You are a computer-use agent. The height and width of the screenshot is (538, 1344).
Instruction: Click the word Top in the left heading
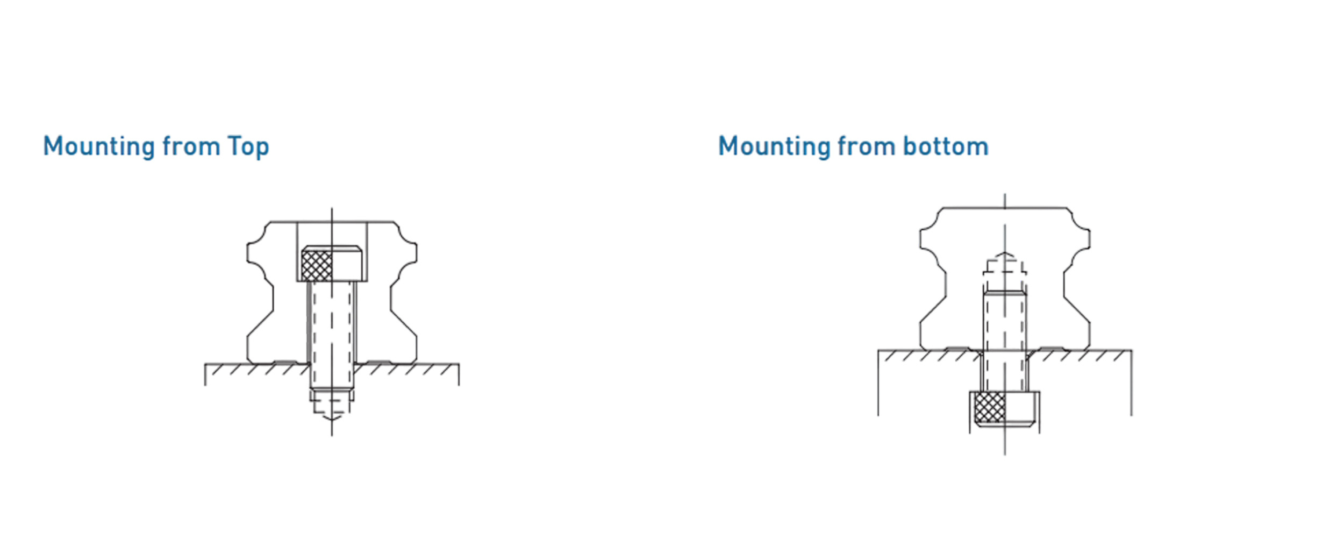pyautogui.click(x=248, y=147)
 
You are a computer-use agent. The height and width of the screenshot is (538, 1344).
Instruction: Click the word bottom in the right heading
pyautogui.click(x=946, y=146)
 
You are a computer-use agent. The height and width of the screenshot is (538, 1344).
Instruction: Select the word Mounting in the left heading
pyautogui.click(x=99, y=147)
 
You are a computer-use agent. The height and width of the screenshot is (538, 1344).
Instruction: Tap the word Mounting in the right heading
pyautogui.click(x=774, y=147)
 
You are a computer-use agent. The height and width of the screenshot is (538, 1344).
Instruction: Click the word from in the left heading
pyautogui.click(x=191, y=146)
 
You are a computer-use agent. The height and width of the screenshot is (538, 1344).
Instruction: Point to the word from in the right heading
pyautogui.click(x=867, y=146)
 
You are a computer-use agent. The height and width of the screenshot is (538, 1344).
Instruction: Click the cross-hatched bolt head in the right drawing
pyautogui.click(x=989, y=407)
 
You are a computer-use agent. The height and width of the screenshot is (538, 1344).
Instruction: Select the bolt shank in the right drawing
pyautogui.click(x=1004, y=342)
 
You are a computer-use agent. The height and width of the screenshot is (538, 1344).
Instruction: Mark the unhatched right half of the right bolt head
pyautogui.click(x=1020, y=407)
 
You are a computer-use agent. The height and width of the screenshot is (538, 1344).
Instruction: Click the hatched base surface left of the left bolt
pyautogui.click(x=256, y=370)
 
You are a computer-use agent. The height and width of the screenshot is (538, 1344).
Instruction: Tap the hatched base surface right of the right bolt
pyautogui.click(x=1081, y=356)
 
